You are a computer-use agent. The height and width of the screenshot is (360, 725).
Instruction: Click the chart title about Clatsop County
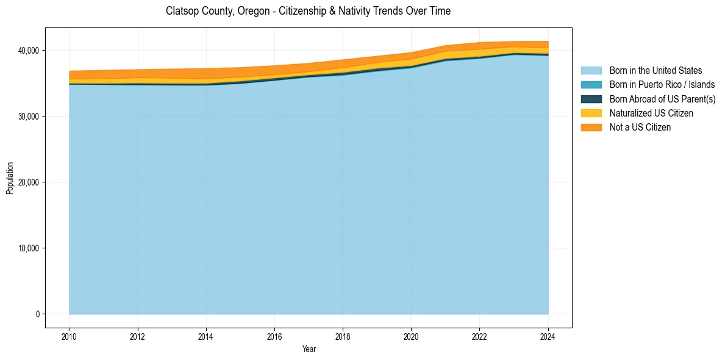pyautogui.click(x=308, y=11)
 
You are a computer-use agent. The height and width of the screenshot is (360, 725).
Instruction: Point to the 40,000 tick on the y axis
pyautogui.click(x=27, y=50)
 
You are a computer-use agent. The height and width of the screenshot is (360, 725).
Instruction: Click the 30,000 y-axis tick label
pyautogui.click(x=27, y=116)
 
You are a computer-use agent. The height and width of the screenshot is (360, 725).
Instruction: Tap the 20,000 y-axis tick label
pyautogui.click(x=27, y=182)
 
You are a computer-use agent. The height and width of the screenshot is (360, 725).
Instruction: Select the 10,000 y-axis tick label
pyautogui.click(x=27, y=248)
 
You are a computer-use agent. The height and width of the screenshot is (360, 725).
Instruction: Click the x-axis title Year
pyautogui.click(x=309, y=349)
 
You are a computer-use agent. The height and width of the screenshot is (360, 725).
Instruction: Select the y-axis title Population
pyautogui.click(x=10, y=178)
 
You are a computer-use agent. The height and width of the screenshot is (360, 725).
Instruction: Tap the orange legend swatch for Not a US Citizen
pyautogui.click(x=591, y=128)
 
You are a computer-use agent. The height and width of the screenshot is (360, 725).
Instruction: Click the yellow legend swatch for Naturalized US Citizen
pyautogui.click(x=591, y=113)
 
